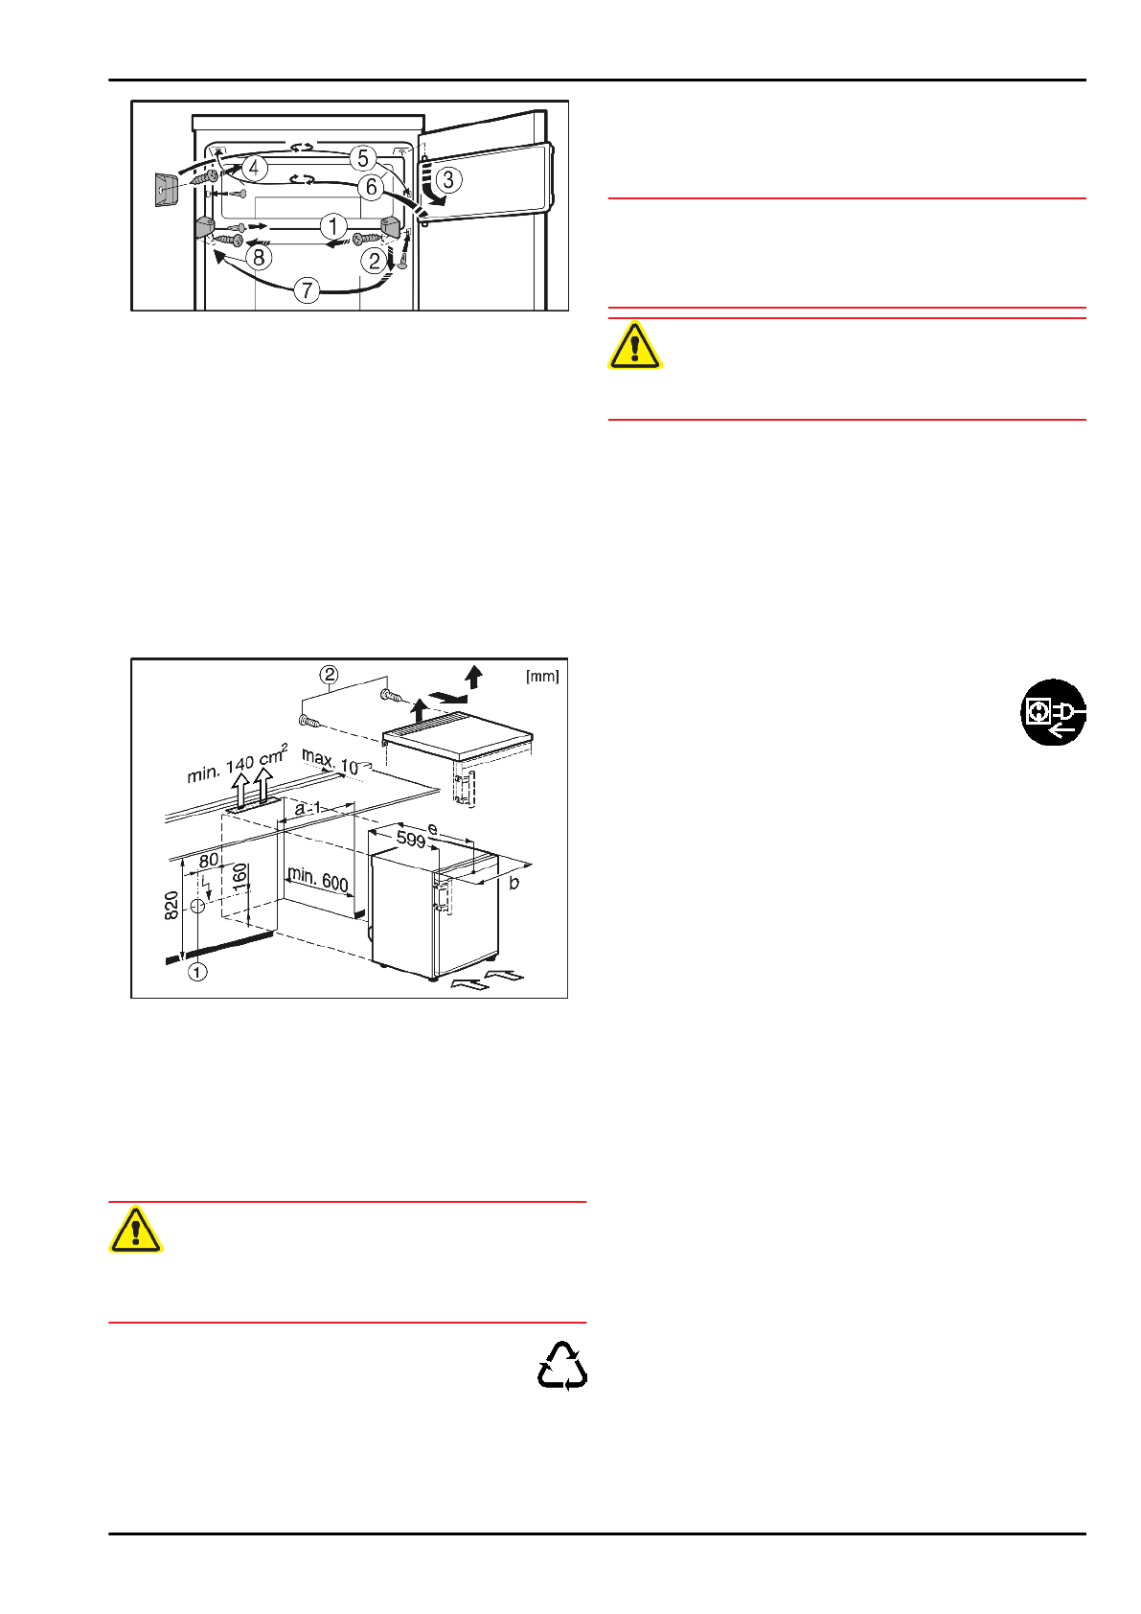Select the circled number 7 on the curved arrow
point(307,289)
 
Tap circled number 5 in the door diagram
point(362,158)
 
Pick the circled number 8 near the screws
point(259,257)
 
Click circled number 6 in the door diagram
point(372,187)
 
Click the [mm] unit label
point(542,677)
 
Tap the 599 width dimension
point(411,841)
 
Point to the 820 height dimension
point(172,905)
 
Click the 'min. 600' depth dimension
point(317,878)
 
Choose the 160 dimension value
point(240,874)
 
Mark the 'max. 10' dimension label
point(331,762)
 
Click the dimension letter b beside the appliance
point(514,882)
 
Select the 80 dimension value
point(209,861)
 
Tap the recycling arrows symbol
point(562,1366)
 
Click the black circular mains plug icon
point(1053,712)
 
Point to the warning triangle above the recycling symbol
point(136,1230)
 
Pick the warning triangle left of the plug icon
point(634,346)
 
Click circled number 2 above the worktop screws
point(330,675)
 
